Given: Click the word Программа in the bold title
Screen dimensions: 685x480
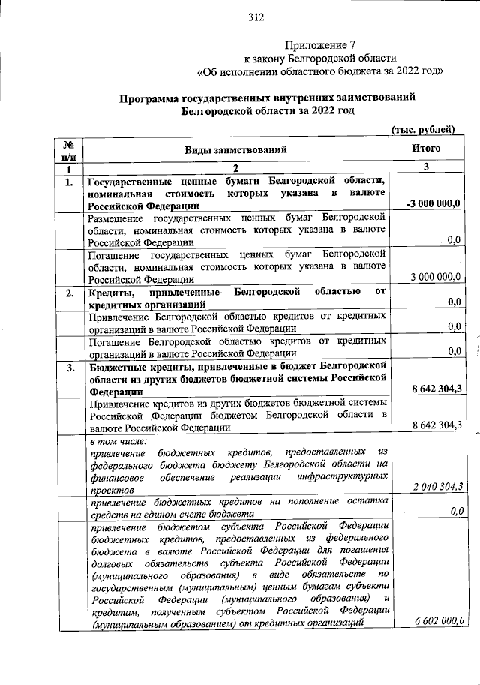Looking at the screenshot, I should coord(154,98).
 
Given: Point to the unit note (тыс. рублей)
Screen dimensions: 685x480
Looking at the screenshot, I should coord(424,129).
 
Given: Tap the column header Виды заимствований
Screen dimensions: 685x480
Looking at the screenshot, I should coord(236,149).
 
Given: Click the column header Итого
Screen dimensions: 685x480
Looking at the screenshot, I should coord(426,149).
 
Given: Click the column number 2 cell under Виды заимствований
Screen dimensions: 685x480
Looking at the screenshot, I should coord(236,168).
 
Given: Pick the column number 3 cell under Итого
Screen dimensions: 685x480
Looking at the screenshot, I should coord(426,167).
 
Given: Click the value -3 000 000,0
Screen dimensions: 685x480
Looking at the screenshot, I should coord(433,204).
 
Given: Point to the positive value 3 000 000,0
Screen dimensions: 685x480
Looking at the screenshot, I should coord(435,277).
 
